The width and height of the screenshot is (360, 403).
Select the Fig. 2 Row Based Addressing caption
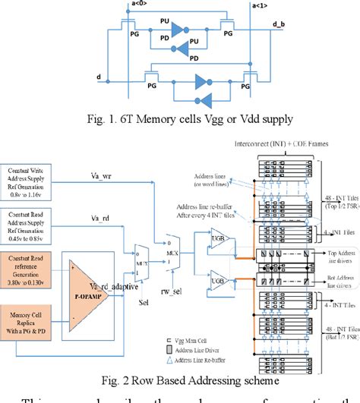179,379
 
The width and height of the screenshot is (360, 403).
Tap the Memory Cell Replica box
36,327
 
